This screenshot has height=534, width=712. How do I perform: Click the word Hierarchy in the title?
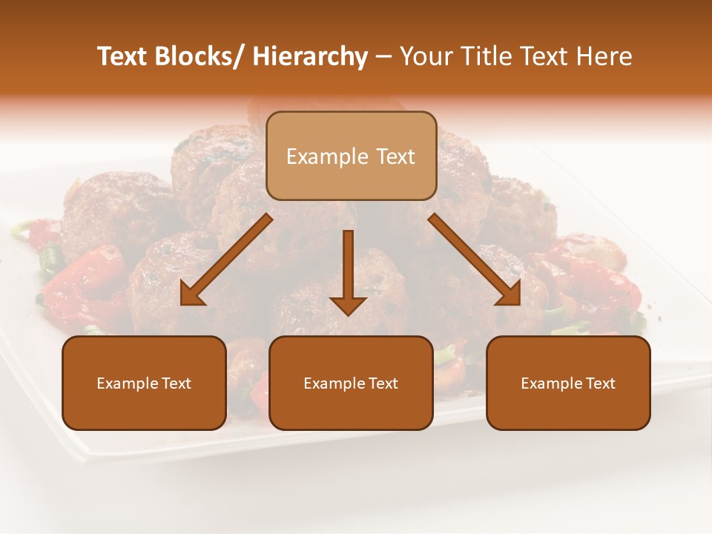point(310,57)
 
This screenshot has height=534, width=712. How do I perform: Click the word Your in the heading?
point(425,56)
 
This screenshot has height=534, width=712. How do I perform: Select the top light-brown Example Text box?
point(351,156)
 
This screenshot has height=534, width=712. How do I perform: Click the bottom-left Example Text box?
point(144,383)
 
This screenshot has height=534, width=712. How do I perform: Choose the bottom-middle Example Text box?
point(351,383)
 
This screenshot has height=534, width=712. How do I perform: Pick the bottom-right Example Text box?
point(568,383)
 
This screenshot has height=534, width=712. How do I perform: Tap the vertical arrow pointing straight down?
point(348,271)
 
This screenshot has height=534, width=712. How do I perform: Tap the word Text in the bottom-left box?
point(176,383)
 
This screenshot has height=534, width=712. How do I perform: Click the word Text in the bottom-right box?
point(600,383)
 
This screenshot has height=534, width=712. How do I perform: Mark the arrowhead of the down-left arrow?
point(192,294)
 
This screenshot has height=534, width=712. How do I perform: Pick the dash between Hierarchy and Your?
point(383,58)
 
